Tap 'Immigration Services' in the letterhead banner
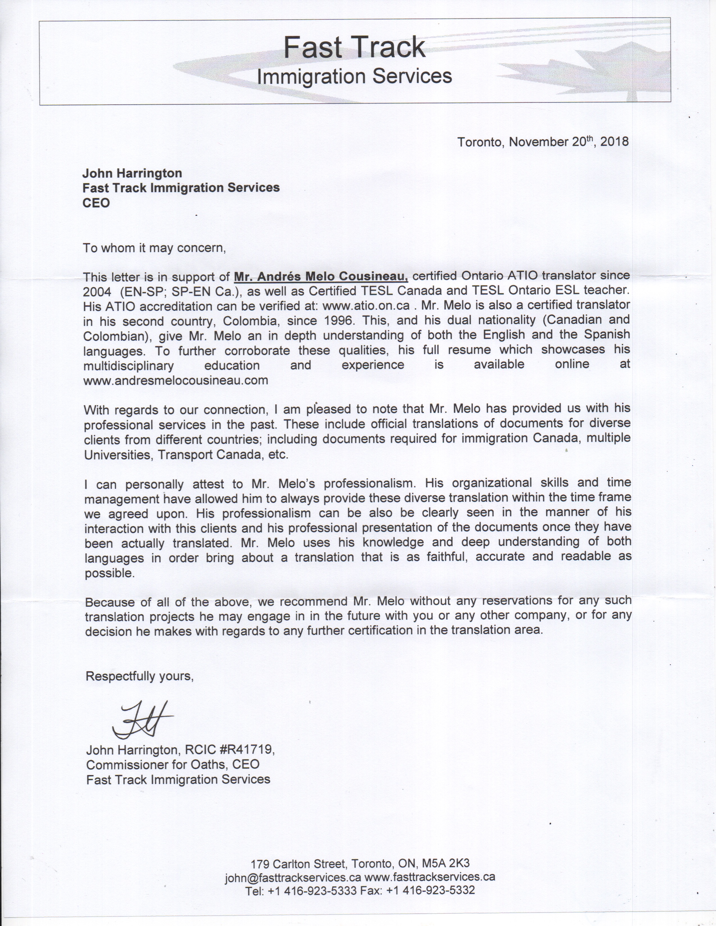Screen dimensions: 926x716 (354, 77)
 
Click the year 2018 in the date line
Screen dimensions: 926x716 (614, 142)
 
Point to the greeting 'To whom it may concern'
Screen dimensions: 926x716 (154, 248)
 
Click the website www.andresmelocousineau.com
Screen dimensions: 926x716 (175, 380)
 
